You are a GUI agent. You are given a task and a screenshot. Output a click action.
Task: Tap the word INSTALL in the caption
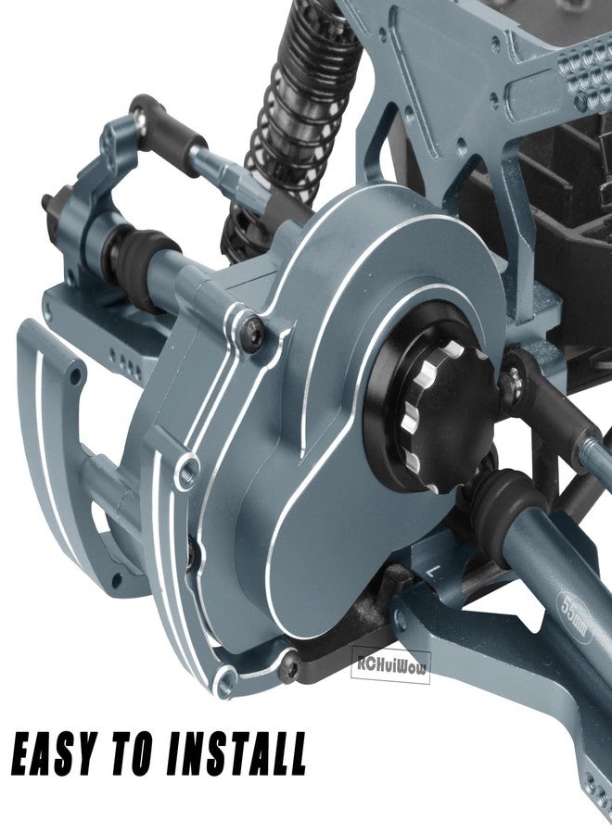236,754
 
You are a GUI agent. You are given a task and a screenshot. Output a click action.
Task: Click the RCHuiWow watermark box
390,664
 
